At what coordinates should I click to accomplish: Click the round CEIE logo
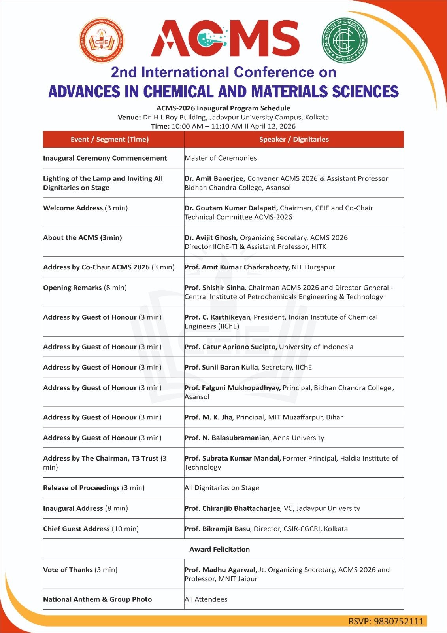tap(102, 40)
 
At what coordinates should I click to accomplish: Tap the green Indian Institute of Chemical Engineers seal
tap(344, 40)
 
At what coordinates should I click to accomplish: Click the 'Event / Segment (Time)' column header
tap(109, 139)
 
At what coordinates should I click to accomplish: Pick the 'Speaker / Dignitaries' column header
tap(294, 139)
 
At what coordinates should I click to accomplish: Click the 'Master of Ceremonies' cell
tap(221, 158)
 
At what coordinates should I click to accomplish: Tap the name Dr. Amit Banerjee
tap(215, 178)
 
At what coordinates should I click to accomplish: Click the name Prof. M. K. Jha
tap(209, 417)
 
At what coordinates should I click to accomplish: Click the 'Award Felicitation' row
tap(220, 549)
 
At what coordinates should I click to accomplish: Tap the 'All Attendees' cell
tap(206, 599)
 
